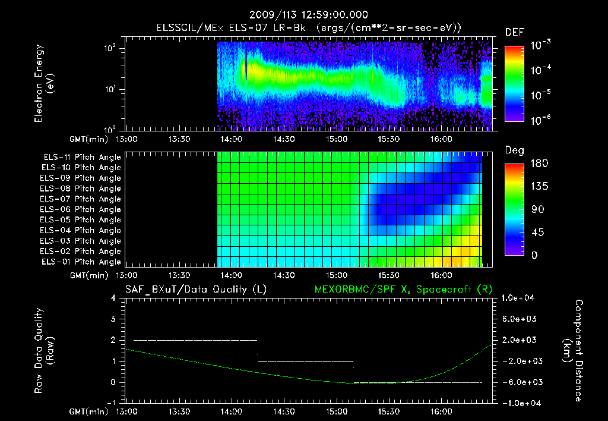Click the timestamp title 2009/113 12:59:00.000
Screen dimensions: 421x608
click(x=308, y=15)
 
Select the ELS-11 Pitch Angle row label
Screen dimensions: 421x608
click(x=82, y=157)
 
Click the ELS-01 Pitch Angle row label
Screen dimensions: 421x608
click(x=82, y=262)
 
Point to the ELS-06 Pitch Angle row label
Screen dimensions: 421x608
click(x=82, y=209)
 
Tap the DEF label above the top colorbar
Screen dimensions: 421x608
click(x=514, y=32)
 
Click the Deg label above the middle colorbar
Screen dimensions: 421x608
click(x=514, y=150)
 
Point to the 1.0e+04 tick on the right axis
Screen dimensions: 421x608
click(x=520, y=298)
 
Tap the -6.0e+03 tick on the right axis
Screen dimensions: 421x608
click(x=520, y=382)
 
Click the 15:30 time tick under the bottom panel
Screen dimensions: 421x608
click(x=388, y=411)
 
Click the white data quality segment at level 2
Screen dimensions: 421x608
click(x=195, y=340)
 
